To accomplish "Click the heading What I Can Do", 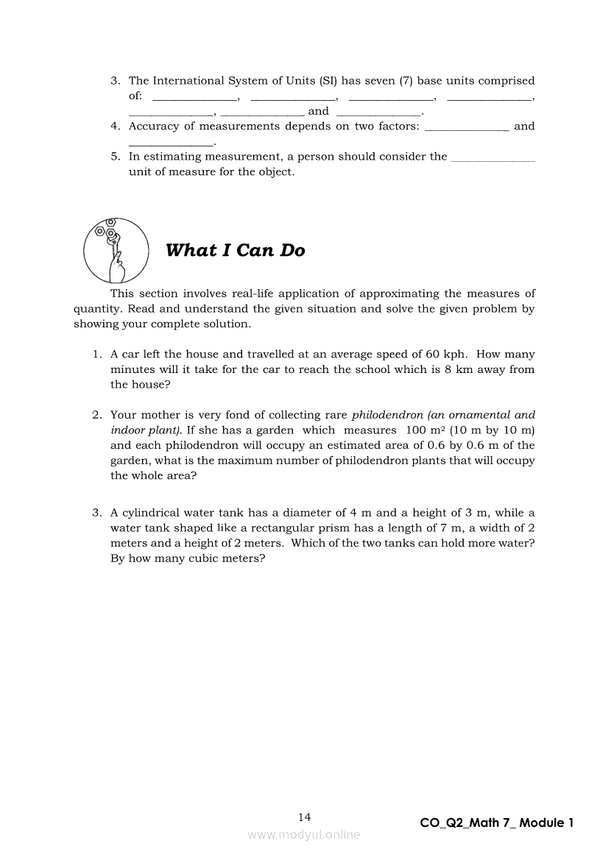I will coord(235,251).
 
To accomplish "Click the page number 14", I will coord(305,817).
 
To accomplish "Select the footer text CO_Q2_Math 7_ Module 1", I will coord(496,823).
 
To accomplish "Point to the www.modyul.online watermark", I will coord(304,835).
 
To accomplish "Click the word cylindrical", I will coord(158,513).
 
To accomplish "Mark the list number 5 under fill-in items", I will coord(115,157).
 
